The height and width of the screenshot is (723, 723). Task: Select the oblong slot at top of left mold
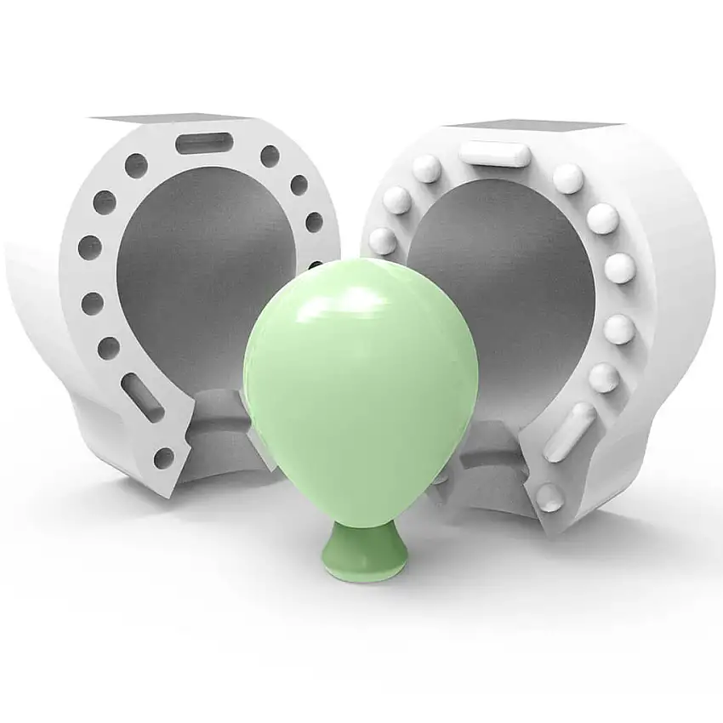point(202,142)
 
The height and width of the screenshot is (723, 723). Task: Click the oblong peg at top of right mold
point(494,154)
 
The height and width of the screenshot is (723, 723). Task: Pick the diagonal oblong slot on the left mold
point(142,396)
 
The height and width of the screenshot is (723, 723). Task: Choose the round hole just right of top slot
point(270,156)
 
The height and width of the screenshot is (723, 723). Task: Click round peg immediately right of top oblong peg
point(568,178)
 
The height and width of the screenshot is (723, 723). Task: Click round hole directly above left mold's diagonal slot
point(109,347)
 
